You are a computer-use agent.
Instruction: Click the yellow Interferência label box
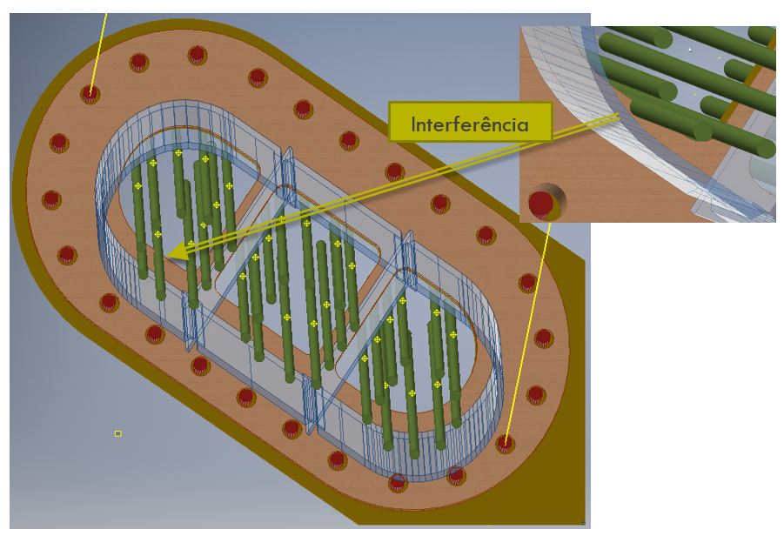[470, 123]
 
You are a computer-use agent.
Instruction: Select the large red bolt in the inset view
[543, 202]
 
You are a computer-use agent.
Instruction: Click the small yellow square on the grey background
[117, 433]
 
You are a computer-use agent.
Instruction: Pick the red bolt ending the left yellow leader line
[90, 92]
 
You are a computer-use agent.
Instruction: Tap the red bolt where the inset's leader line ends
[505, 443]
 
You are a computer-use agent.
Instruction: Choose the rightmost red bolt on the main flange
[544, 338]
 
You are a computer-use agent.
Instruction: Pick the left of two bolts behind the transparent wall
[398, 480]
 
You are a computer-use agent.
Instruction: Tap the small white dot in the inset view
[690, 50]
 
